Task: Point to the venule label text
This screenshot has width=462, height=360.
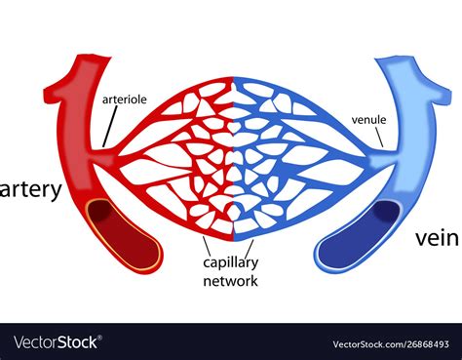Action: click(370, 121)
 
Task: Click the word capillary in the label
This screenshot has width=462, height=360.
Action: click(230, 262)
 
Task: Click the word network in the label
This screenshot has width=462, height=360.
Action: click(231, 281)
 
